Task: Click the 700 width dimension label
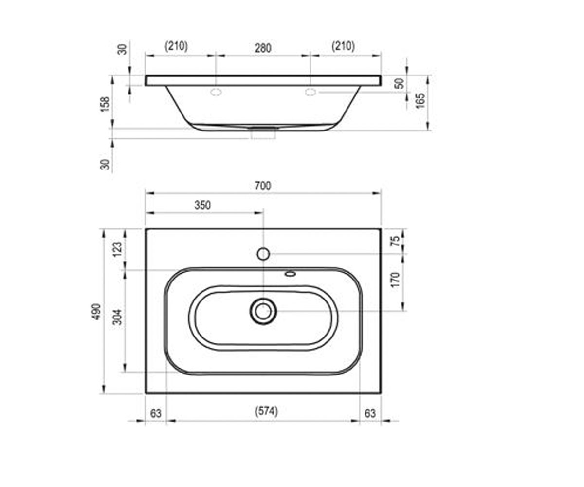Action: (x=263, y=186)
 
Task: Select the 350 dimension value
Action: (x=202, y=206)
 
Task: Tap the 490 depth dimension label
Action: (x=96, y=312)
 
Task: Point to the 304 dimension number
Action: (x=117, y=317)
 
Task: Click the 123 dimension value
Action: (x=117, y=249)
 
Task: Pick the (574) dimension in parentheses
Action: (x=266, y=412)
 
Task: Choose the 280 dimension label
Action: (x=263, y=48)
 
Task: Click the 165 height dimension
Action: (x=420, y=101)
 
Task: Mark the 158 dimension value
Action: (x=105, y=104)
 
